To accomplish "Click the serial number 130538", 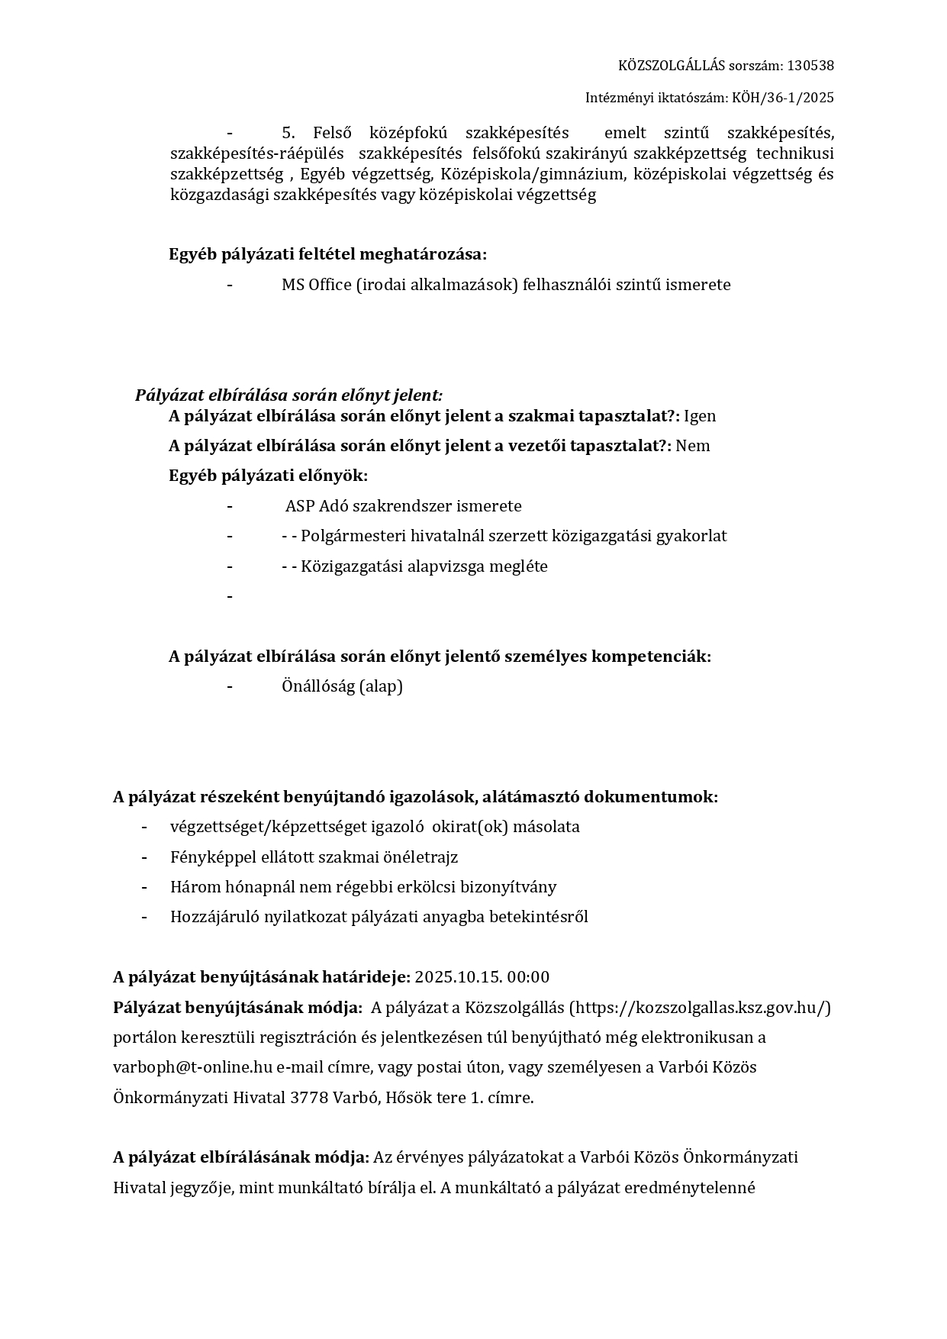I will tap(810, 66).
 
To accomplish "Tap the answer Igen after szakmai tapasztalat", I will tap(700, 416).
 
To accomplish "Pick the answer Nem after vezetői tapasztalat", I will tap(693, 446).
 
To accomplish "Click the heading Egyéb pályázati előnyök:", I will tap(268, 476).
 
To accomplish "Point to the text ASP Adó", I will tap(317, 506).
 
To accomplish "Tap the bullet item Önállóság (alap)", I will tap(342, 686).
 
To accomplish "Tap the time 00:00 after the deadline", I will tap(528, 977).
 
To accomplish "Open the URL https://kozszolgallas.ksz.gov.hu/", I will tap(700, 1008).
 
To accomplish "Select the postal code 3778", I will tap(308, 1098).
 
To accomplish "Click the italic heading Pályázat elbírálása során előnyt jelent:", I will tap(288, 395).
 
